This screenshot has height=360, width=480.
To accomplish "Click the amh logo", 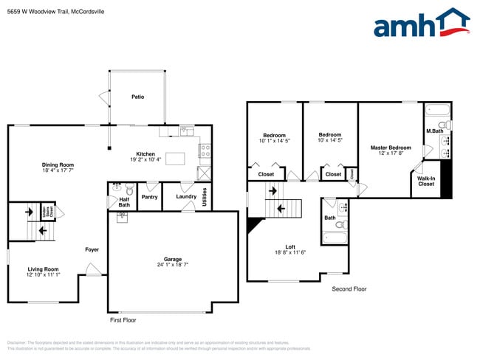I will click(x=421, y=24).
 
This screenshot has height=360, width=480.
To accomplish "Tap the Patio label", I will click(x=137, y=97).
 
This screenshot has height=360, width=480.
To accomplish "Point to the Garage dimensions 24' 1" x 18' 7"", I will click(x=173, y=265).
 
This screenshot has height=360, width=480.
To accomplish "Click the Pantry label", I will click(x=149, y=197).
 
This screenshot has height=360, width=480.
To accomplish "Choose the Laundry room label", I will click(x=185, y=196).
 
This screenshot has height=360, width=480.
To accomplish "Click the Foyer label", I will click(x=92, y=249).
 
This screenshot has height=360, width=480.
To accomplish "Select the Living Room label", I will click(x=44, y=269).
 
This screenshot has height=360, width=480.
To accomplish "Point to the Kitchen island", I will click(x=176, y=159).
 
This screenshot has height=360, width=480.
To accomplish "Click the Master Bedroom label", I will click(x=391, y=148).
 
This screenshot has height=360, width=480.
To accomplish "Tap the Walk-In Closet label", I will click(x=425, y=181).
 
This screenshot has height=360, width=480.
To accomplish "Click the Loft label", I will click(x=290, y=247).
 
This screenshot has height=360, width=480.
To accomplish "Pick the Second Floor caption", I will click(x=349, y=289).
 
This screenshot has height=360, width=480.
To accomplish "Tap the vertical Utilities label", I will click(x=205, y=198).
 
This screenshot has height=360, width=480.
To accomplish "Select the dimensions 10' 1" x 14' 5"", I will click(x=275, y=140).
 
